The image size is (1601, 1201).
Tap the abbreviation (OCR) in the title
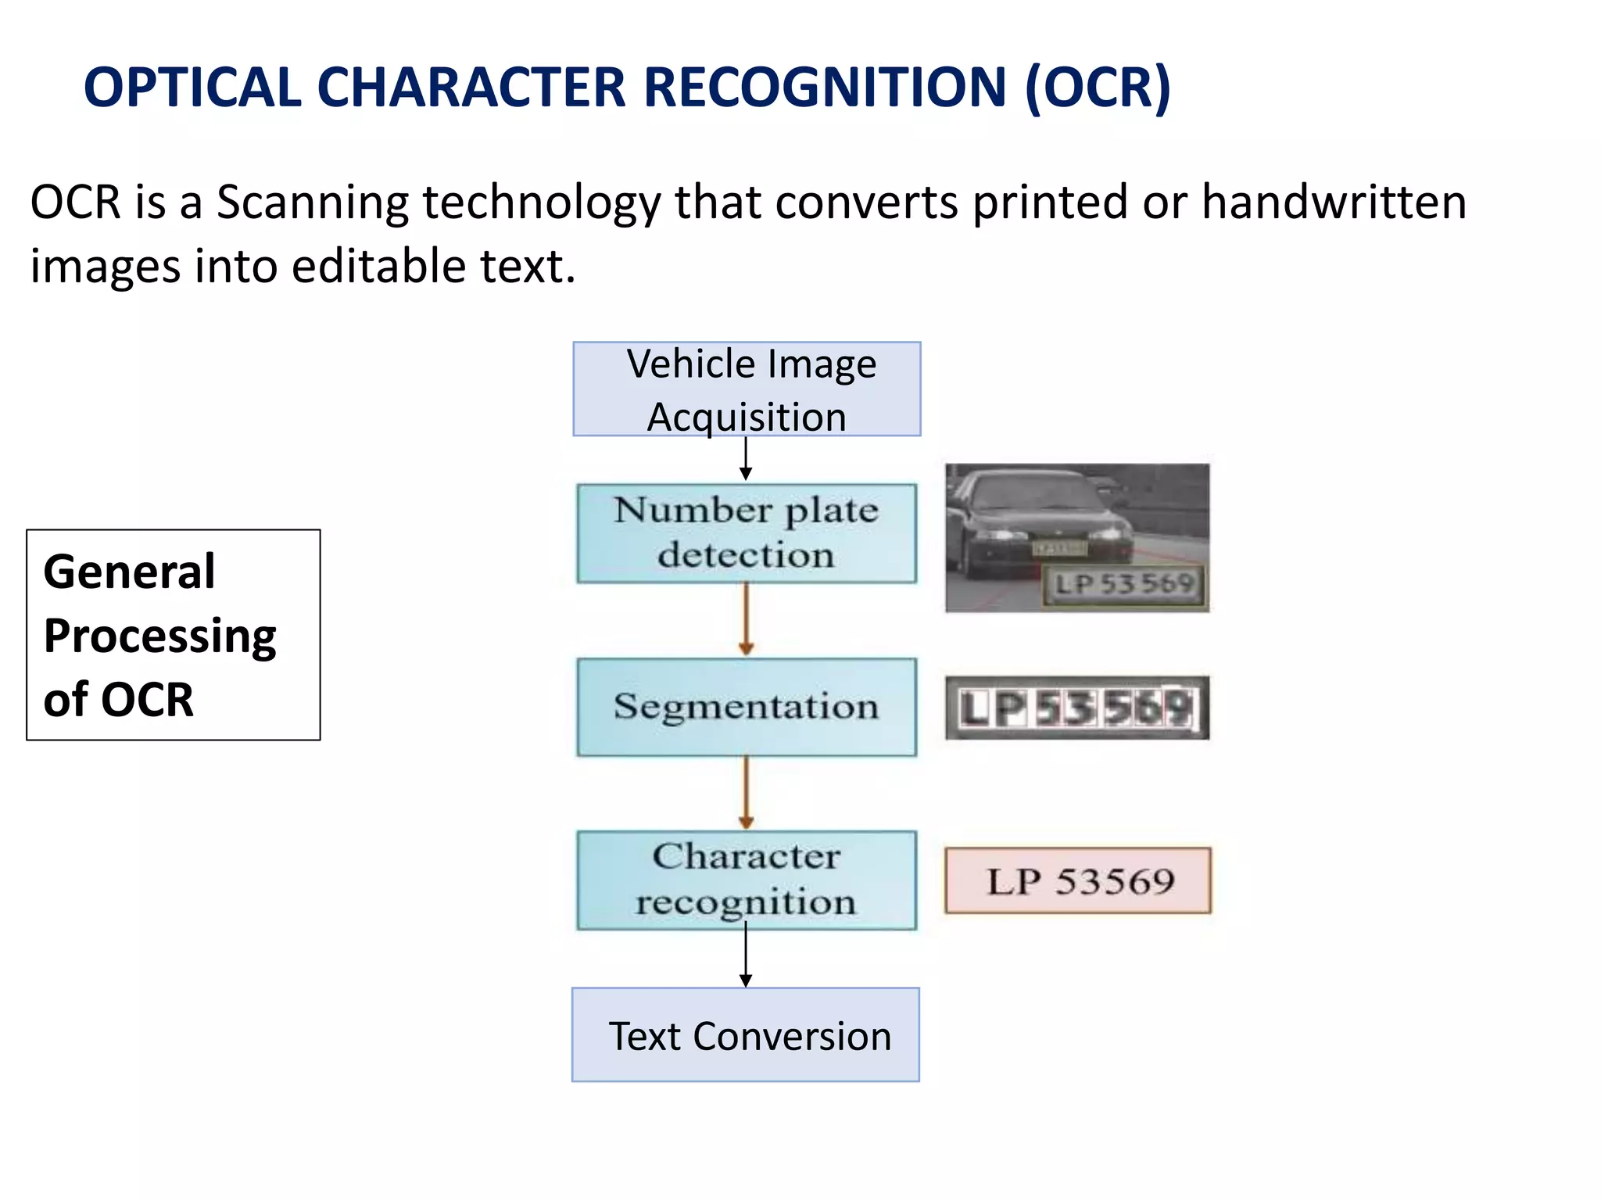pyautogui.click(x=1098, y=88)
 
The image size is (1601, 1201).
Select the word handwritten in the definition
pyautogui.click(x=1334, y=203)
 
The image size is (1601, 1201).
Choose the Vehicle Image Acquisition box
pyautogui.click(x=747, y=389)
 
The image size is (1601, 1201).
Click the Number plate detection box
pyautogui.click(x=747, y=533)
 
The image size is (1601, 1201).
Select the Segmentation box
pyautogui.click(x=747, y=707)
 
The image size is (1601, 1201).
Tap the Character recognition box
pyautogui.click(x=747, y=880)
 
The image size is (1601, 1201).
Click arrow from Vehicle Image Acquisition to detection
pyautogui.click(x=746, y=459)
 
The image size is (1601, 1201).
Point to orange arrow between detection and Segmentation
pyautogui.click(x=746, y=620)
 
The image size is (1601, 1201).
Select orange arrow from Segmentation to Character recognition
pyautogui.click(x=746, y=793)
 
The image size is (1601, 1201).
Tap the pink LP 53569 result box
pyautogui.click(x=1078, y=881)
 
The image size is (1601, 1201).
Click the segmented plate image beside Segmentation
pyautogui.click(x=1077, y=708)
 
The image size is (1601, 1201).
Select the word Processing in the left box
pyautogui.click(x=159, y=636)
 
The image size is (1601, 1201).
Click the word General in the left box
pyautogui.click(x=129, y=572)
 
